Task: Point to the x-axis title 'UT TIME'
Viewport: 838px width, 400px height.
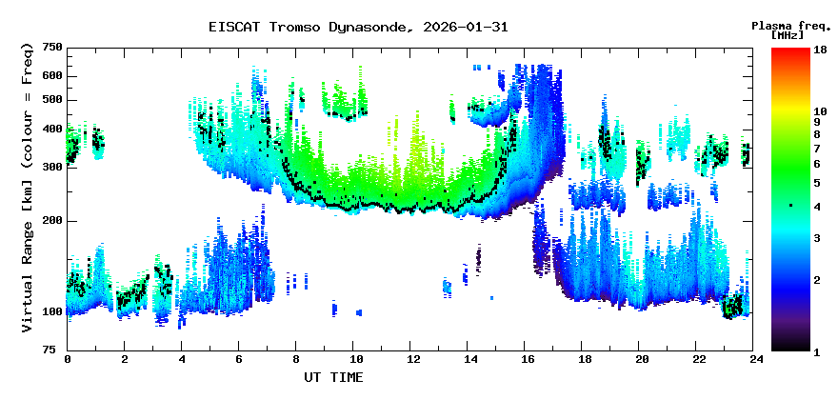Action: tap(333, 377)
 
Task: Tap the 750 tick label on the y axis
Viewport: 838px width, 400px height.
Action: tap(51, 47)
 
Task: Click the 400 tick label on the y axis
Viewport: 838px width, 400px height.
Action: tap(51, 130)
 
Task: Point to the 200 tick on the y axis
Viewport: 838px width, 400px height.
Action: tap(51, 221)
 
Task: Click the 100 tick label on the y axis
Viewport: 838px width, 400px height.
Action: tap(51, 311)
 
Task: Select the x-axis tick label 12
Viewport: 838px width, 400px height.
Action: tap(412, 360)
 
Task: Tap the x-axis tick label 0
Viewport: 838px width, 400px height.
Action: tap(68, 360)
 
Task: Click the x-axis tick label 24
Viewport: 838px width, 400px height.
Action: tap(756, 360)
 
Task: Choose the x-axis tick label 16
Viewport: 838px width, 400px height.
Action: tap(527, 360)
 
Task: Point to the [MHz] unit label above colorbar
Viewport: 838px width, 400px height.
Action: tap(788, 34)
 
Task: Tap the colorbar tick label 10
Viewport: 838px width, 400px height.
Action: tap(820, 111)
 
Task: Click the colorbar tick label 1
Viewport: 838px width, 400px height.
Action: tap(817, 351)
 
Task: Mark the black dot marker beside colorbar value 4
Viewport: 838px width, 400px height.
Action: tap(789, 206)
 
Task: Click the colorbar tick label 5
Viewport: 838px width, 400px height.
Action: tap(817, 182)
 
